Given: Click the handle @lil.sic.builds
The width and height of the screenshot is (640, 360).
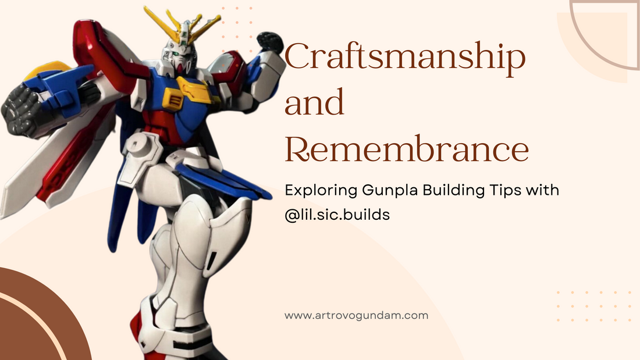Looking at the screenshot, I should (337, 214).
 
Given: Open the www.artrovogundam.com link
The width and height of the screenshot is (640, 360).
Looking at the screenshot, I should (356, 316).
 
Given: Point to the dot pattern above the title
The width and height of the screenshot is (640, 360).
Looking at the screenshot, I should (236, 20).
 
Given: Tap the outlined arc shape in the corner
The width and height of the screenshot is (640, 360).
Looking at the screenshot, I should (605, 35).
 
